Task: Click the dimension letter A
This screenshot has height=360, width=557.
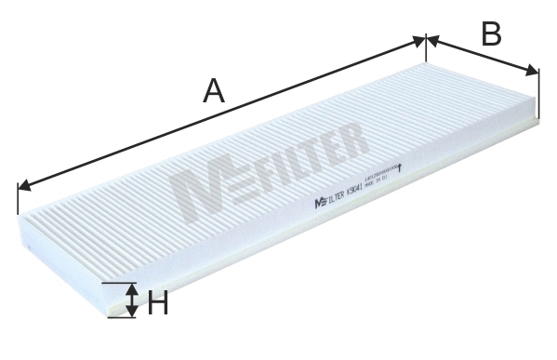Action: (x=215, y=91)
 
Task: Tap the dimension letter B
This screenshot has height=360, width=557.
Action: (x=491, y=33)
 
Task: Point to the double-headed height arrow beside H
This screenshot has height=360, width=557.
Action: (x=132, y=301)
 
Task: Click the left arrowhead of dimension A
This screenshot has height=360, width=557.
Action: (x=23, y=184)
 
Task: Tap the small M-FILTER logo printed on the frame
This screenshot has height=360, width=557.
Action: (x=329, y=196)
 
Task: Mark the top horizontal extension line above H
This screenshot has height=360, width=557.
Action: (x=118, y=283)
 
